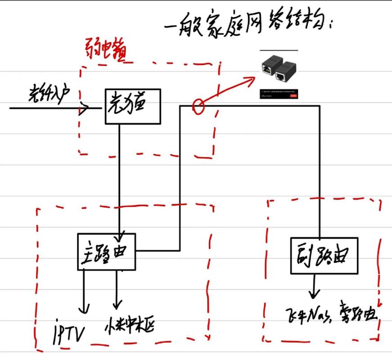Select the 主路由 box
[x=106, y=252]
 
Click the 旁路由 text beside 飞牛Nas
[x=357, y=311]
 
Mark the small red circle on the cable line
[x=198, y=106]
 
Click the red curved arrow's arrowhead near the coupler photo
[x=249, y=81]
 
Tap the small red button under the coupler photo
[x=294, y=95]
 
